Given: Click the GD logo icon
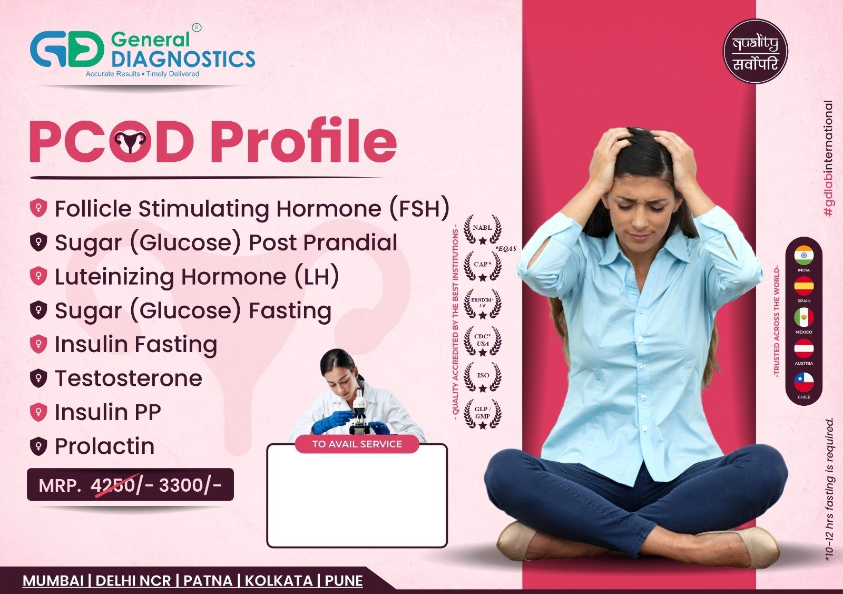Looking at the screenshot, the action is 67,48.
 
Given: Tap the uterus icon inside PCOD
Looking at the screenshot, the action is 130,141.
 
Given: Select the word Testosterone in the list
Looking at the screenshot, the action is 129,378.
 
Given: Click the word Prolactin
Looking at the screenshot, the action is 105,446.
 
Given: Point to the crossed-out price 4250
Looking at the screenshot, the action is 113,485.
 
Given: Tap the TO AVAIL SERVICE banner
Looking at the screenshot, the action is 357,444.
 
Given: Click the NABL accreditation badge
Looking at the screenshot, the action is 483,230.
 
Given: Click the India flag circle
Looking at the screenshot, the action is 804,256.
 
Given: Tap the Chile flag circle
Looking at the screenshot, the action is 804,382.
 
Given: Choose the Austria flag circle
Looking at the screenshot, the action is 804,348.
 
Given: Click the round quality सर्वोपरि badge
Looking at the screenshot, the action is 756,52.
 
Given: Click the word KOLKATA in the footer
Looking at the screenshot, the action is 279,581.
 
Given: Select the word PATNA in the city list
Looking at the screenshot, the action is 208,581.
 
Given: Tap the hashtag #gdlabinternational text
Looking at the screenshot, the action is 829,159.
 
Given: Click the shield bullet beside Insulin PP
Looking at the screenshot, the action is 38,412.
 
